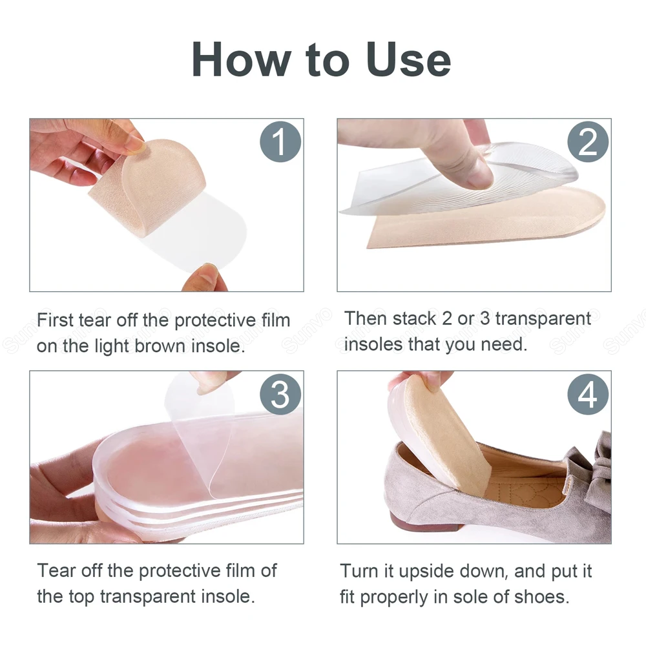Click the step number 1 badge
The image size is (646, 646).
pyautogui.click(x=280, y=141)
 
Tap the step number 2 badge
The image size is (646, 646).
pyautogui.click(x=588, y=141)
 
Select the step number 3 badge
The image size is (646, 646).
pyautogui.click(x=280, y=394)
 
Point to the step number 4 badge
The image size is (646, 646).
pyautogui.click(x=588, y=394)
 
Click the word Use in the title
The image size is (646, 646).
pyautogui.click(x=408, y=60)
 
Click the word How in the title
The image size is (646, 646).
pyautogui.click(x=242, y=60)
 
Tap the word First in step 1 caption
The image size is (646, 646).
pyautogui.click(x=55, y=320)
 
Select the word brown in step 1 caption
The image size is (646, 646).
pyautogui.click(x=160, y=346)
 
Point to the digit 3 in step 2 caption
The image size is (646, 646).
pyautogui.click(x=485, y=318)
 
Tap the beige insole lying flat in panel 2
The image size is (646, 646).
pyautogui.click(x=486, y=220)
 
